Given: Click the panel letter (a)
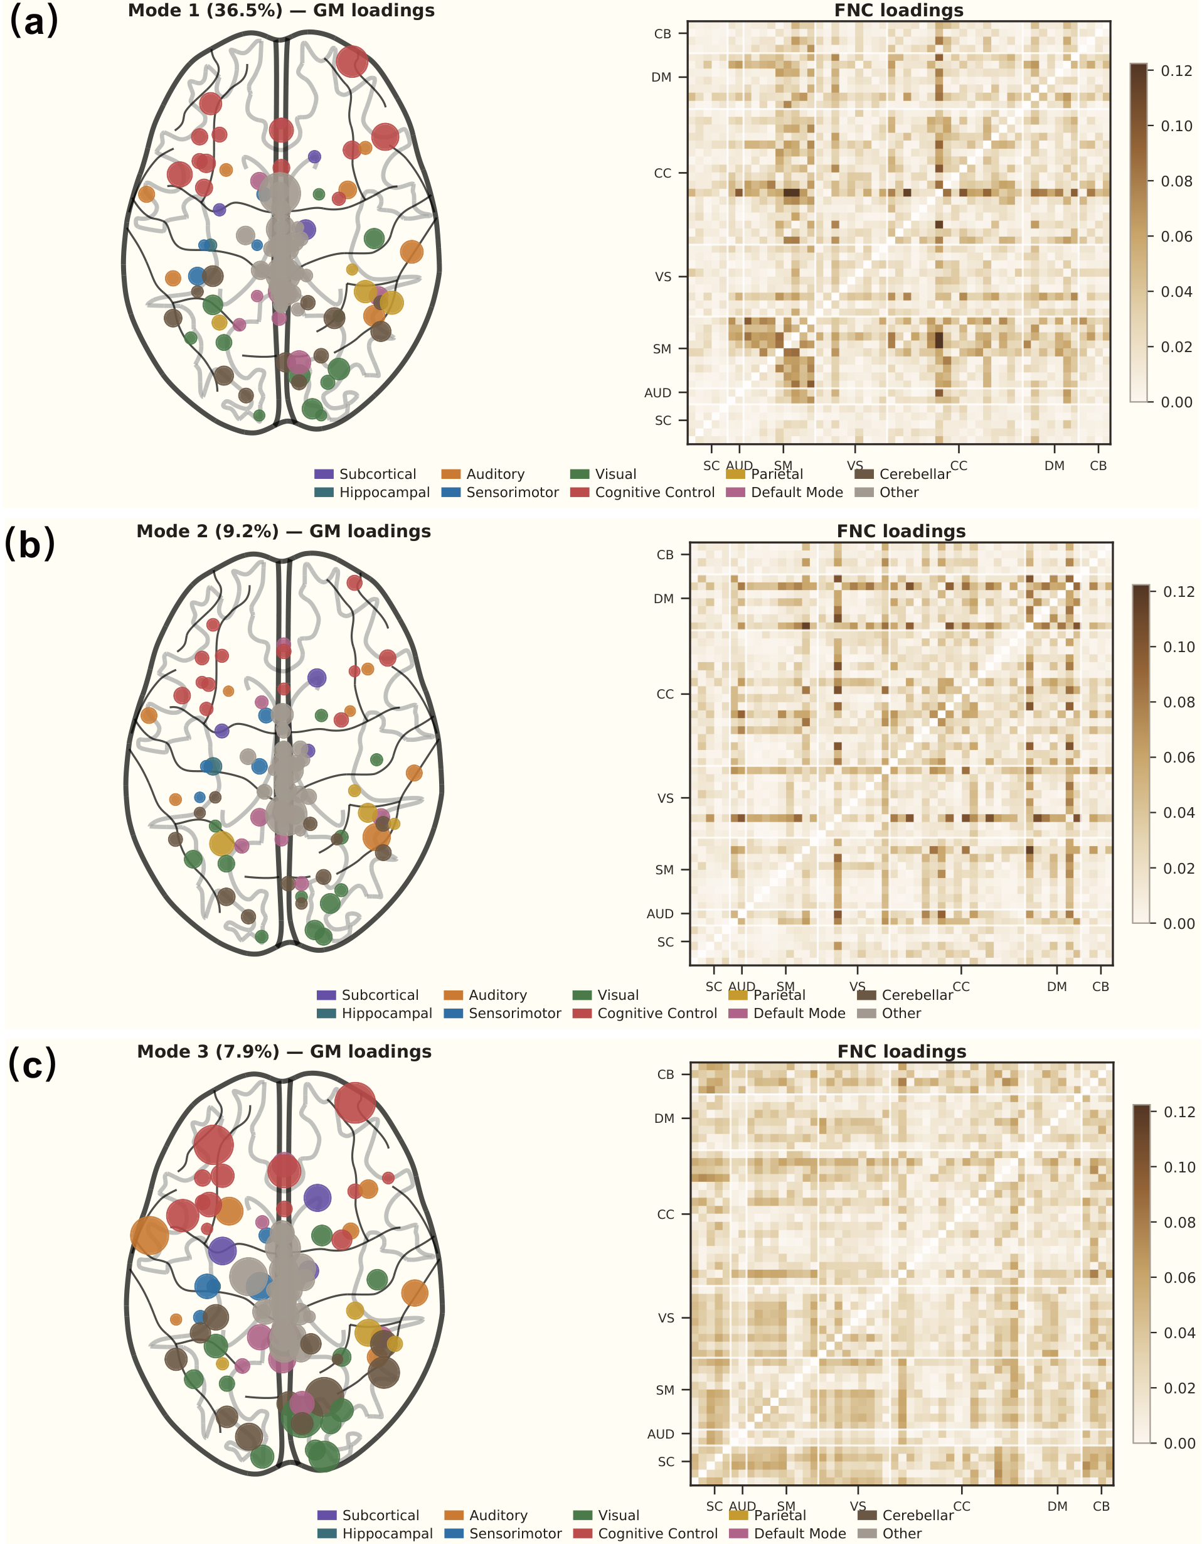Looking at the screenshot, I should click(33, 21).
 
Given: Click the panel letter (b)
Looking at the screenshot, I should click(29, 544).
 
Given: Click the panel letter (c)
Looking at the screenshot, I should click(32, 1064).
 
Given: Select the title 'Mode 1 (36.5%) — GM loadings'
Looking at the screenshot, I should click(281, 11).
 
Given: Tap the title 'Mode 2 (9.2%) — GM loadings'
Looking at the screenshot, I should click(284, 531).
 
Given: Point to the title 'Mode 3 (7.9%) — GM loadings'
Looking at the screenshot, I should click(284, 1051).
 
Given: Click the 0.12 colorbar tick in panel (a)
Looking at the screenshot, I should click(1176, 71).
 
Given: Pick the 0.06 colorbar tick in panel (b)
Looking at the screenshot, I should click(1179, 757).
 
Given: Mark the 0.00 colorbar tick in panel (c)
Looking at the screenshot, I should click(1179, 1443).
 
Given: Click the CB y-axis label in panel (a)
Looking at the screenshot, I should click(662, 34).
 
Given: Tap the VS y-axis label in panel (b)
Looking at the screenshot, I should click(665, 798).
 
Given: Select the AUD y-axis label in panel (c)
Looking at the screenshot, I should click(660, 1434).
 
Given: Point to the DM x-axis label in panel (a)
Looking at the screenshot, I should click(1055, 466).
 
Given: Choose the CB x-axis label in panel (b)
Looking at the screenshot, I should click(1100, 986).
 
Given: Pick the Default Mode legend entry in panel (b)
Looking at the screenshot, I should click(799, 1013).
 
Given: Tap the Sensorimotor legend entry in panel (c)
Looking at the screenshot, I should click(515, 1533).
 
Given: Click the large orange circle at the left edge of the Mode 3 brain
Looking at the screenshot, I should click(150, 1235).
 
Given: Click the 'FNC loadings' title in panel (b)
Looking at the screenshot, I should click(901, 531).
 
